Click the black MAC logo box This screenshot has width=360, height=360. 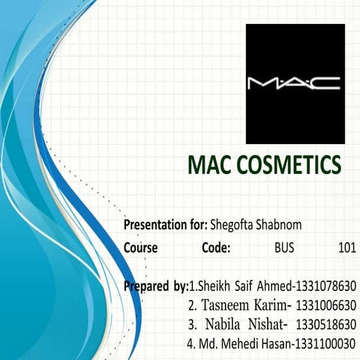(295, 83)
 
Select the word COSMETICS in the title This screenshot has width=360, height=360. (291, 166)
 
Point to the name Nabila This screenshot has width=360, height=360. (225, 325)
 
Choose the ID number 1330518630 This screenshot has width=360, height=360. (326, 325)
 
